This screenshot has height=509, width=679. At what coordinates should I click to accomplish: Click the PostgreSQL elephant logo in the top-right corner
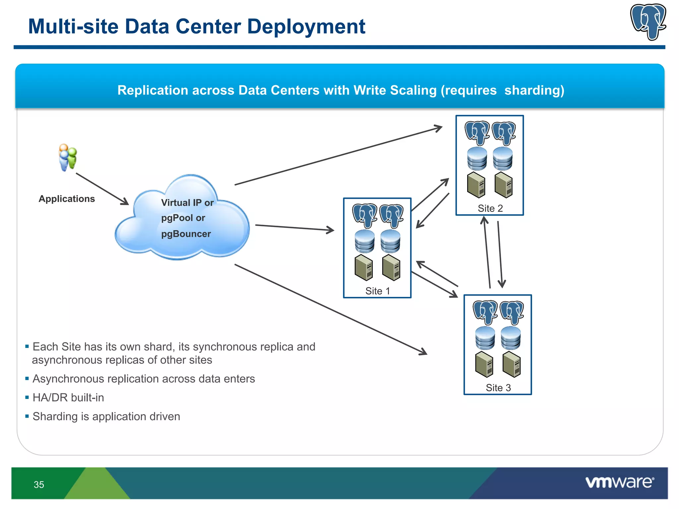pos(648,22)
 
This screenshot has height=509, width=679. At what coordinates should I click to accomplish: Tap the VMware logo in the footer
pos(619,482)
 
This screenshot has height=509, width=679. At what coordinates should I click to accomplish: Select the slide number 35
pos(39,484)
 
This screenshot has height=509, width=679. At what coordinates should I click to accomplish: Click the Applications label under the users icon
pos(67,198)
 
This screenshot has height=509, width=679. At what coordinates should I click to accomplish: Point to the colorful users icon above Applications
pos(68,157)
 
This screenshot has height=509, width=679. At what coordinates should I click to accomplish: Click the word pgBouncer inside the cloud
pos(186,234)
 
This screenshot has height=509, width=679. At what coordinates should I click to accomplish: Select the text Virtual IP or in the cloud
pos(187,202)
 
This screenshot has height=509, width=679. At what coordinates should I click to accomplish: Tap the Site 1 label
pos(377,291)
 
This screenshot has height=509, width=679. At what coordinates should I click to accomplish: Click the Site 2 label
pos(490,208)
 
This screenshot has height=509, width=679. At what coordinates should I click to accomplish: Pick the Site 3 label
pos(498,387)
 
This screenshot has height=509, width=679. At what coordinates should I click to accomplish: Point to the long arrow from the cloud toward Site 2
pos(338,155)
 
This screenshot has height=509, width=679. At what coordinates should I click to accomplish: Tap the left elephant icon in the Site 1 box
pos(364,215)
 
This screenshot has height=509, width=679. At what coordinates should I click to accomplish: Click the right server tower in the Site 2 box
pos(503,185)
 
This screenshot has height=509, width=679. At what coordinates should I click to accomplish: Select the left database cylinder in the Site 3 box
pos(485,338)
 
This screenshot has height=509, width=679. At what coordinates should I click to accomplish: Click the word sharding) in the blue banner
pos(534,90)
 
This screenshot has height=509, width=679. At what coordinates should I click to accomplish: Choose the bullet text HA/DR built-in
pos(68,397)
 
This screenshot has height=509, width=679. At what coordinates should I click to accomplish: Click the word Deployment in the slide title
pos(306,27)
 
